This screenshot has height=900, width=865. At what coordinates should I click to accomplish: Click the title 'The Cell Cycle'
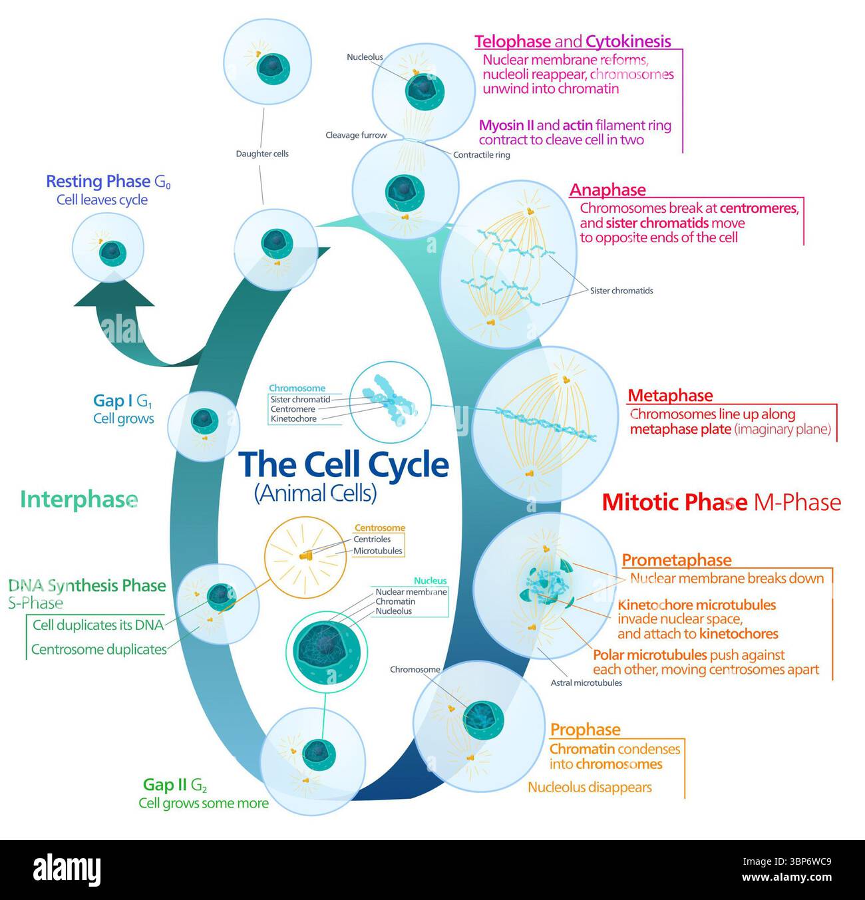coord(343,464)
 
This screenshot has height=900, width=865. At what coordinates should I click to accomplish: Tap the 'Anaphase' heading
coord(607,190)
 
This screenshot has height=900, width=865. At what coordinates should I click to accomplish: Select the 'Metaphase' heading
coord(670,395)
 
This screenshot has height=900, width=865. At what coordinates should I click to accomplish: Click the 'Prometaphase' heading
coord(676,560)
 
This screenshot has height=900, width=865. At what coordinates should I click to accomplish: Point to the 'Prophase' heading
coord(585,729)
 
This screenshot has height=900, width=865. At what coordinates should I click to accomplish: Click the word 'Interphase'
coord(79,500)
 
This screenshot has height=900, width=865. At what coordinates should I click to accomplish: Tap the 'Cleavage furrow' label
coord(356,135)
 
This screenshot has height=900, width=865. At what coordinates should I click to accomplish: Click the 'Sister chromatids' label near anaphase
coord(621,291)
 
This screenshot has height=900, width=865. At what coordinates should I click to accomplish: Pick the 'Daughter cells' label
coord(262,154)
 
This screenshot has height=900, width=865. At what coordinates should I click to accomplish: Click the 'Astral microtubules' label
coord(586,682)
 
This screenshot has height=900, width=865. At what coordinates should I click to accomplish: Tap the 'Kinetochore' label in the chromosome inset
coord(293,419)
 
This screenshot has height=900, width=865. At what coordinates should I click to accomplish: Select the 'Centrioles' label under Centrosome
coord(372,539)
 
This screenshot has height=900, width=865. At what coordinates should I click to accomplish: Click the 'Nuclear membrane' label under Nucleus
coord(411,591)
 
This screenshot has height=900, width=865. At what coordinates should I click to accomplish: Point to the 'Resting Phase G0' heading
coord(108,182)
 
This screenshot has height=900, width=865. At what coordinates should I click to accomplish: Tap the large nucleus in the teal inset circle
coord(325,649)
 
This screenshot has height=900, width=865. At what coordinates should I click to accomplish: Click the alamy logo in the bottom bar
coord(69,869)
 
